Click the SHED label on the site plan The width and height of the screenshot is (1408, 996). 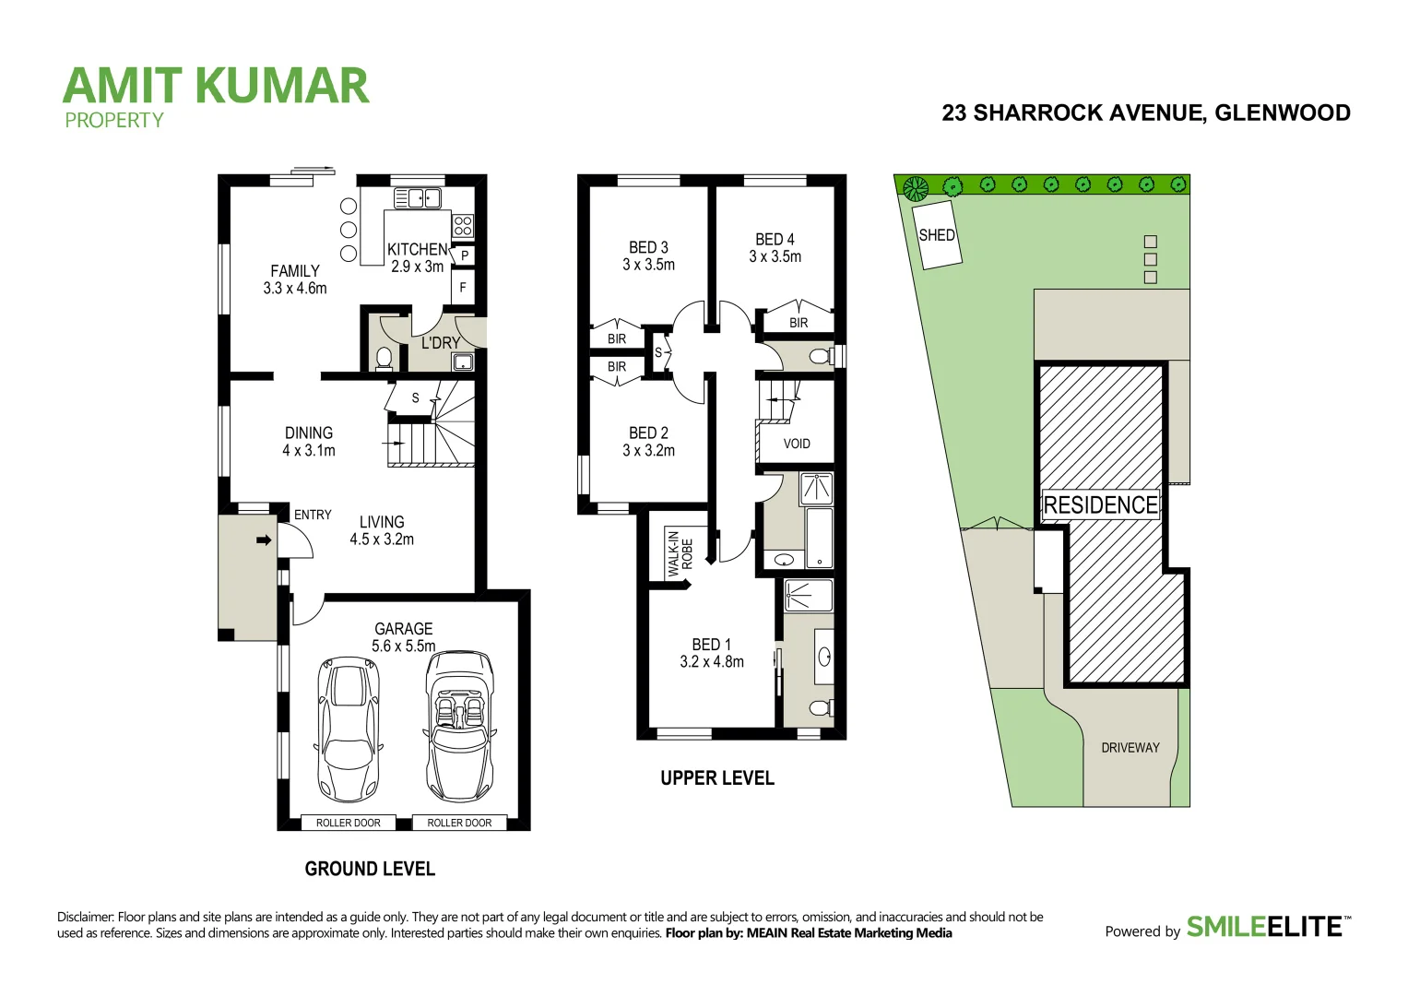tap(936, 235)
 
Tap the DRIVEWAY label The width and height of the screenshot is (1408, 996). tap(1130, 748)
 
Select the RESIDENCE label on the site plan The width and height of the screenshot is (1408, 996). tap(1100, 505)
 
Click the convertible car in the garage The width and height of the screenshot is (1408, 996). tap(459, 727)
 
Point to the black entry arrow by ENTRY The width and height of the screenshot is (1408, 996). tap(264, 540)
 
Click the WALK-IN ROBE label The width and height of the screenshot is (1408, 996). tap(680, 553)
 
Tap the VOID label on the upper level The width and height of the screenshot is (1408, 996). tap(797, 444)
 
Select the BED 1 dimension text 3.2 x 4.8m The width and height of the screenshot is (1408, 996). tap(711, 661)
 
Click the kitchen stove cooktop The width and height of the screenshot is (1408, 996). tap(463, 225)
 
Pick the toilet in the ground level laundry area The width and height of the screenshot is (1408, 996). tap(385, 357)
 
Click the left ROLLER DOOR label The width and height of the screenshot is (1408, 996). tap(348, 823)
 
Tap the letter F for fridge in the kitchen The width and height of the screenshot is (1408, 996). tap(463, 288)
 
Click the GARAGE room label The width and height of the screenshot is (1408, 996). tap(403, 629)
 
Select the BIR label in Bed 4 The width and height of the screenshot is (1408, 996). tap(799, 323)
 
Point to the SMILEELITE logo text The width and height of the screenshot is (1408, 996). tap(1263, 926)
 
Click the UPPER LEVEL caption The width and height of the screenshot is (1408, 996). tap(716, 778)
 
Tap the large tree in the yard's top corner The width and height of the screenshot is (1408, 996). tap(915, 189)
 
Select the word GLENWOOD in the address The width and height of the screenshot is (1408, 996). tap(1283, 113)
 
